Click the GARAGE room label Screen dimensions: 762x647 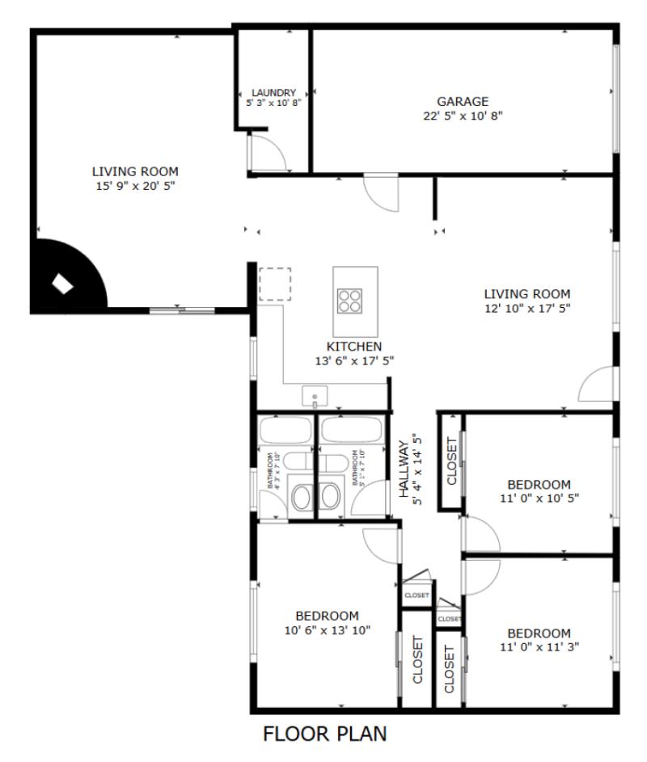(x=463, y=102)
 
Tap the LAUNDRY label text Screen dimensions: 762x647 (x=273, y=93)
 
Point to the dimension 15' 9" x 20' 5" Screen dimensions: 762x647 (x=135, y=186)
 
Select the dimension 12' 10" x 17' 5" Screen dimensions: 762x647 (x=526, y=309)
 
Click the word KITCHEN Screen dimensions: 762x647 (x=354, y=347)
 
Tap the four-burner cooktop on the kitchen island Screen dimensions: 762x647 (x=350, y=300)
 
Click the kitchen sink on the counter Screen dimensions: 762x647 (x=314, y=396)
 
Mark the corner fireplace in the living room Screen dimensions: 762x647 (x=63, y=283)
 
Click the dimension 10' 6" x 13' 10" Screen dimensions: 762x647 (x=327, y=630)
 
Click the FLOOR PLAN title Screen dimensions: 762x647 (x=325, y=734)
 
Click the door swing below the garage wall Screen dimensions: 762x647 (x=380, y=192)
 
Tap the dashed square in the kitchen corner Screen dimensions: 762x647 (x=275, y=284)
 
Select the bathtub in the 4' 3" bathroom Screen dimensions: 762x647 (x=284, y=430)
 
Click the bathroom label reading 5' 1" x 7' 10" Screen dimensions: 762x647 (x=357, y=469)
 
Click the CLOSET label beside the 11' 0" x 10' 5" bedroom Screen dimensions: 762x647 (x=451, y=461)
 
